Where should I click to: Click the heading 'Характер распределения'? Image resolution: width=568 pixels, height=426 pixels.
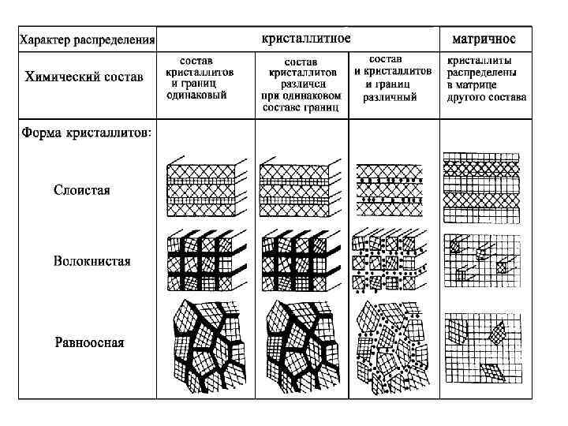point(88,39)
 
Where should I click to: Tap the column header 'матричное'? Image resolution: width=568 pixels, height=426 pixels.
point(484,39)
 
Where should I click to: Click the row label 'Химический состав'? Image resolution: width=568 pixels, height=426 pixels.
point(84,77)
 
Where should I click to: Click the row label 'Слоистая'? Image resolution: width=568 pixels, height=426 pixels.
point(82,190)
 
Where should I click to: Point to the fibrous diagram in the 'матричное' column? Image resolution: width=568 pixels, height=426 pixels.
point(483,261)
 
